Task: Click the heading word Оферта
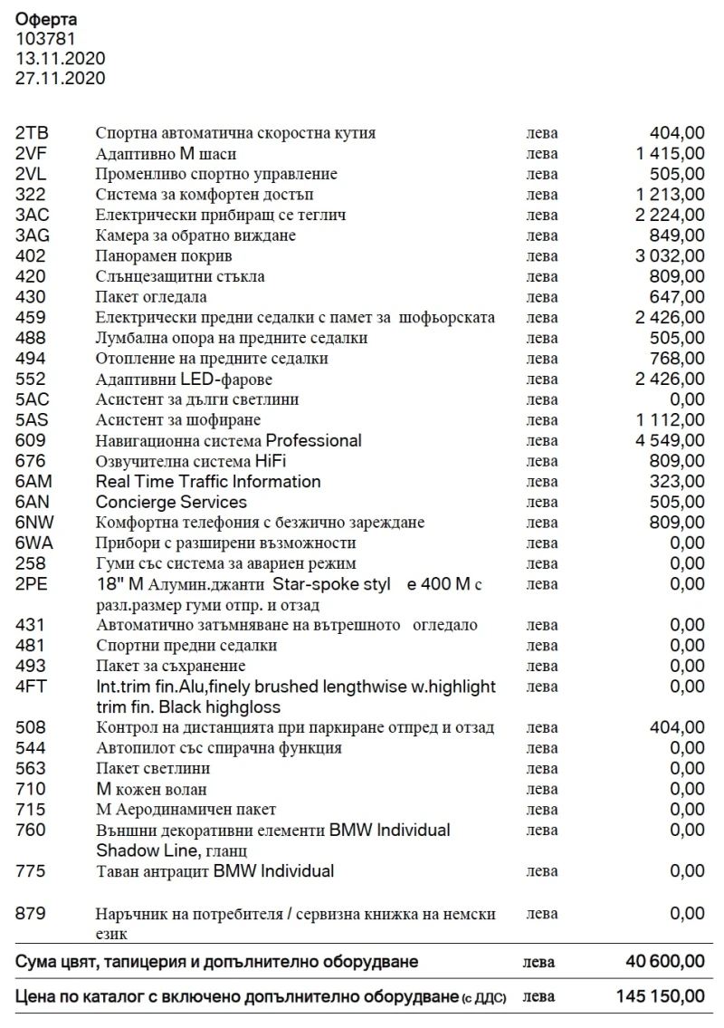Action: point(46,19)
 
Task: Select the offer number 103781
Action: point(45,39)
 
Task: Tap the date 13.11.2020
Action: point(60,59)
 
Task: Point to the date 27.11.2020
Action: point(60,79)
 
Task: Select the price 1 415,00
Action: point(670,154)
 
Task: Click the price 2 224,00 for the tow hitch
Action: point(670,215)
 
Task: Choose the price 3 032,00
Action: point(670,256)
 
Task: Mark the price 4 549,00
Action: point(670,441)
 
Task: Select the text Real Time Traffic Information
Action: point(208,482)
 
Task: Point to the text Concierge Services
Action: point(171,503)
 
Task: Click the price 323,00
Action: point(677,482)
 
